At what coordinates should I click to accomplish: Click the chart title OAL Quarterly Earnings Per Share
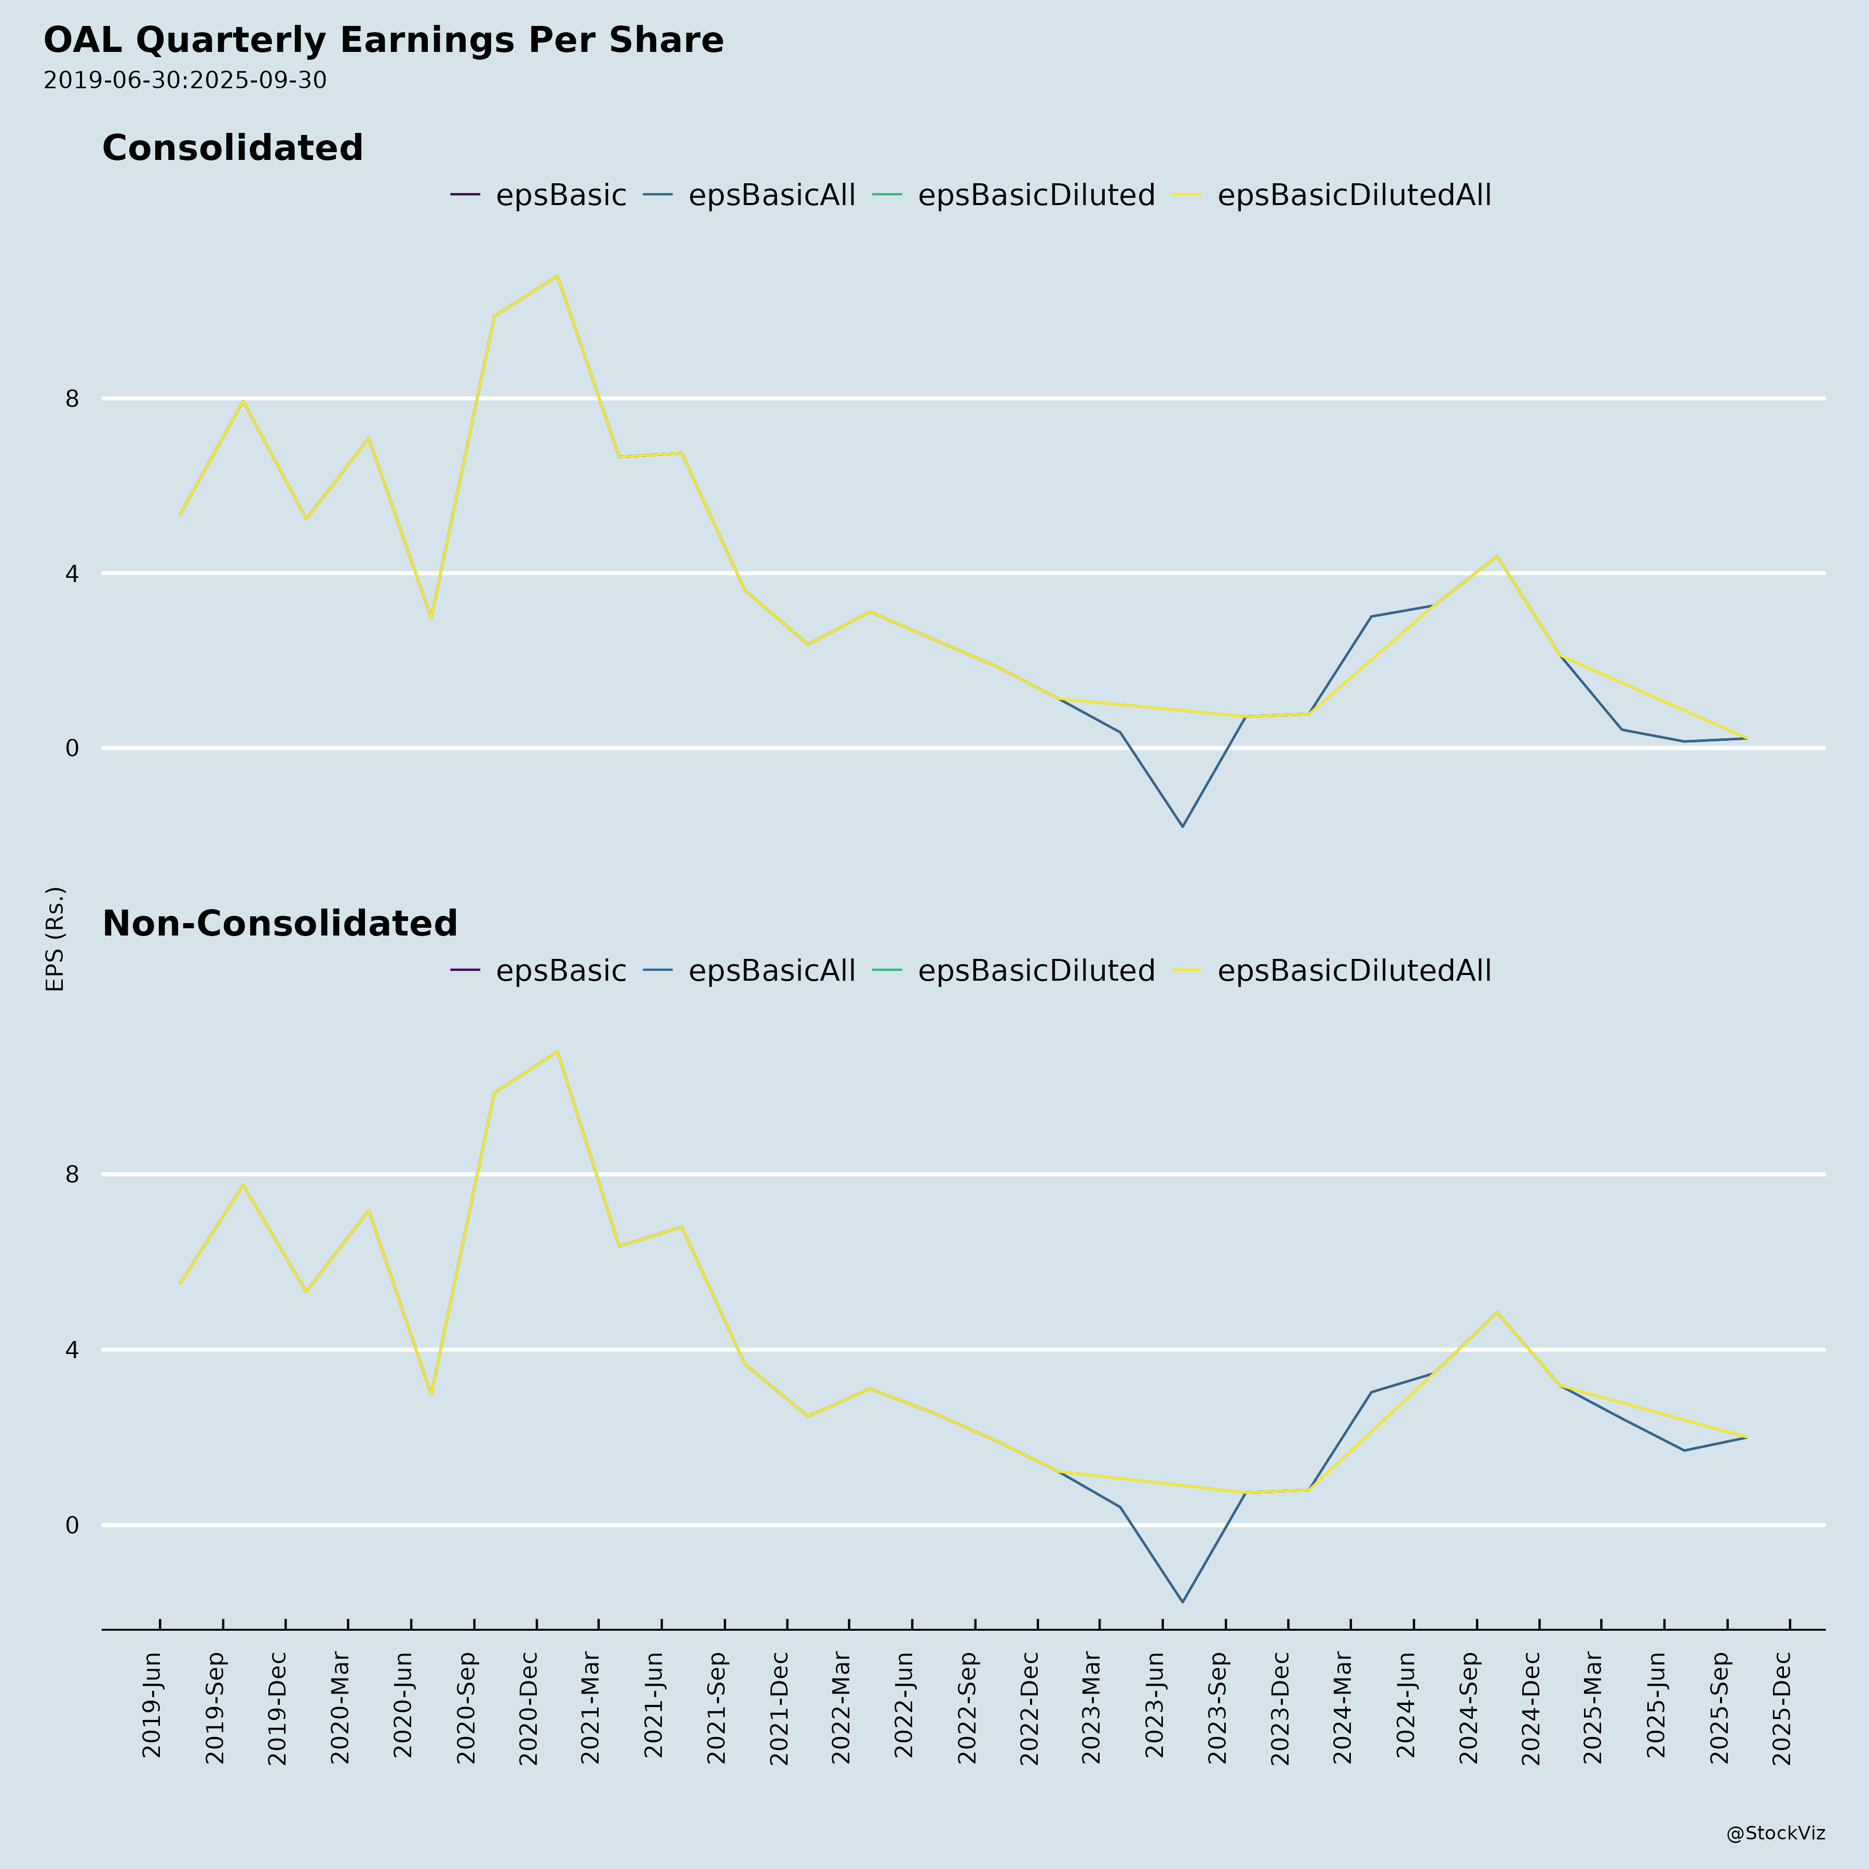click(383, 40)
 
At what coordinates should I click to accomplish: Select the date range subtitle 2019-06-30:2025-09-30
click(185, 80)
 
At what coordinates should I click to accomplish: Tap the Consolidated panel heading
click(232, 148)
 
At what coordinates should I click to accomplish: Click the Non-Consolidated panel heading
click(280, 924)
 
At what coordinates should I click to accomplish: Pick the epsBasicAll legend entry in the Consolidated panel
click(771, 195)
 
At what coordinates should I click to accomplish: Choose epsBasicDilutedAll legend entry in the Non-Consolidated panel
click(1353, 970)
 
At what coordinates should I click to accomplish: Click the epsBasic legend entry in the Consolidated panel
click(560, 195)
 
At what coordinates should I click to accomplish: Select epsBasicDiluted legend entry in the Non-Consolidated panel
click(1035, 970)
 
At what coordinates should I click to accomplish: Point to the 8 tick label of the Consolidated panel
click(72, 399)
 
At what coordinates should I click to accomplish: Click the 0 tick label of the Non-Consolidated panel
click(72, 1526)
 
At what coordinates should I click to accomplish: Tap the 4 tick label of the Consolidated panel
click(72, 574)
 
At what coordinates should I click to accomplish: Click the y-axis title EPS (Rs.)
click(55, 938)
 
